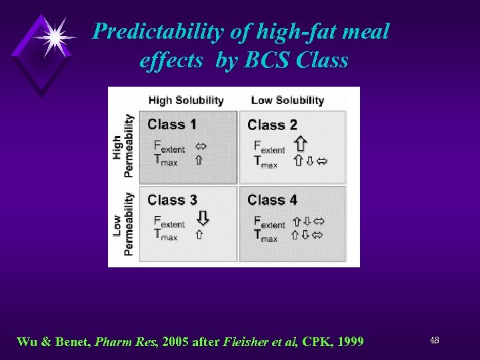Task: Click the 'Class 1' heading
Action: point(172,124)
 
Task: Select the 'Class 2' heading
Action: point(272,125)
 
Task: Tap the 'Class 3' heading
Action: point(172,199)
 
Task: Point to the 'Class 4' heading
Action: point(272,199)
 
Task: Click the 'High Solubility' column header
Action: point(185,101)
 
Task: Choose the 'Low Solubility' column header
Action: point(287,101)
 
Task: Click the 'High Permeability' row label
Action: point(123,146)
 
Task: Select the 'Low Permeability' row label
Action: point(123,224)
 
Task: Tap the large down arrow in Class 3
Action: point(203,219)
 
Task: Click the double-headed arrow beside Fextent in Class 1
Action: point(199,147)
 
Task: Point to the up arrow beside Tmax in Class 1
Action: point(199,160)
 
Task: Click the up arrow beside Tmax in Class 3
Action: point(199,235)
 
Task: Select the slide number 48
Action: point(434,341)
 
